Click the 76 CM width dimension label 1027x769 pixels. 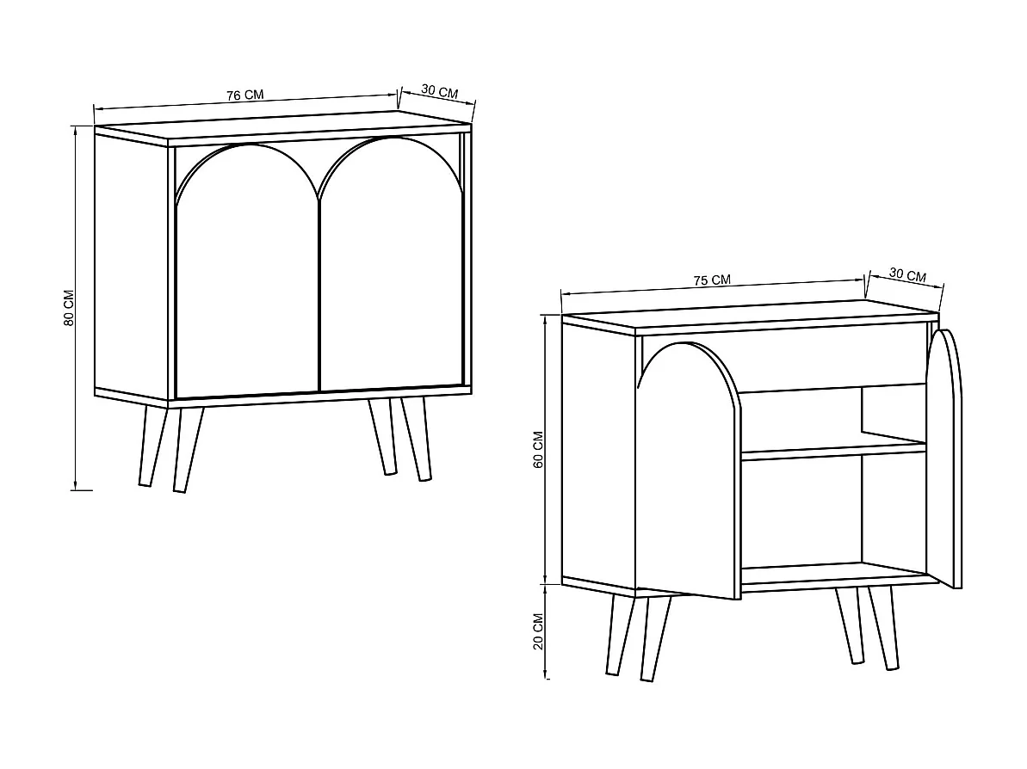(245, 95)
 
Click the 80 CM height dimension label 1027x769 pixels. (69, 308)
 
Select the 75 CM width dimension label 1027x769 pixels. (712, 280)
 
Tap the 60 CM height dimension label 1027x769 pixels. (539, 449)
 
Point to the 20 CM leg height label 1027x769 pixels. (539, 631)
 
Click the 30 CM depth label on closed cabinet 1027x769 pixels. (439, 92)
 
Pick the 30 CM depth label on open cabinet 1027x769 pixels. (907, 275)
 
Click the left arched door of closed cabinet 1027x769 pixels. (247, 275)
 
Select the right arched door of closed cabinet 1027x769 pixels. (392, 275)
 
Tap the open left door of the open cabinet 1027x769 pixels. (686, 482)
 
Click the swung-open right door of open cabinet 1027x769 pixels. (945, 456)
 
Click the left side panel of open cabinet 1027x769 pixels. (597, 456)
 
